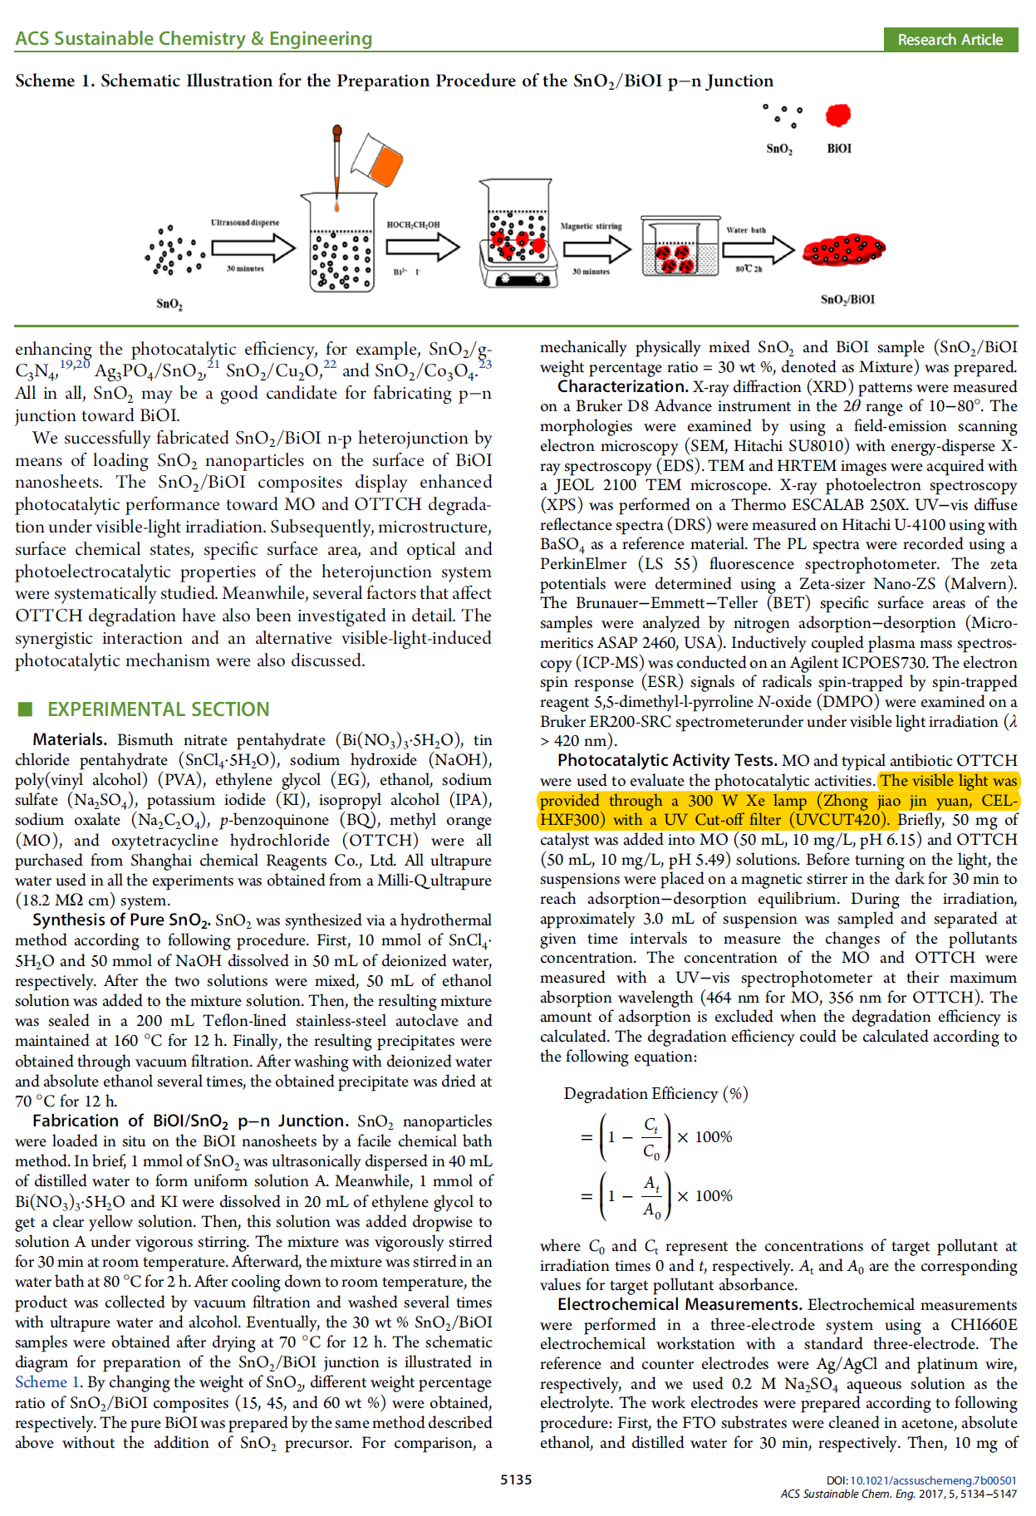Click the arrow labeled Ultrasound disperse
253,248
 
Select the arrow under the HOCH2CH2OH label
423,247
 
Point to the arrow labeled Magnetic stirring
597,248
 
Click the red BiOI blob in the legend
838,115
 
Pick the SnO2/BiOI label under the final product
847,299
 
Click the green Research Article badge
950,39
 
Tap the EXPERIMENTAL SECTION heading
158,709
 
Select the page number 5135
516,1479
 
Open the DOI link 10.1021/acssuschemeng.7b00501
932,1480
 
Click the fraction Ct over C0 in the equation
651,1138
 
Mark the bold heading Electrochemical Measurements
680,1305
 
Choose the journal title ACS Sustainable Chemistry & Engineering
194,39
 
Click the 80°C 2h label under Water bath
749,269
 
